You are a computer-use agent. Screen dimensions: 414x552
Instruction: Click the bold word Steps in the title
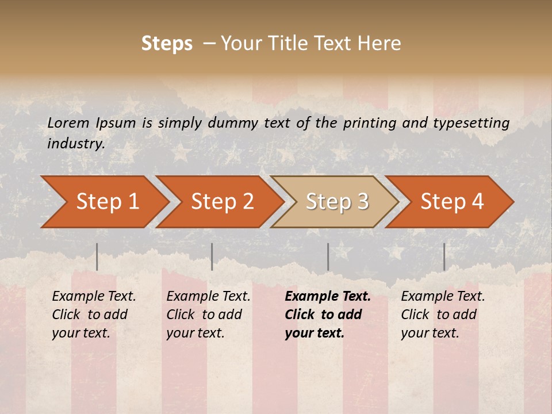coord(167,43)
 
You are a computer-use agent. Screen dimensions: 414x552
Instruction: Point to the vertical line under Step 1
coord(97,256)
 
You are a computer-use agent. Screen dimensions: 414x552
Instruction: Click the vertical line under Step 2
coord(212,256)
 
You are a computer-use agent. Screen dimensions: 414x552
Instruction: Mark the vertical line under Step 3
coord(328,256)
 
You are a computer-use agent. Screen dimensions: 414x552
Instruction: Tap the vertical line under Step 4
coord(444,256)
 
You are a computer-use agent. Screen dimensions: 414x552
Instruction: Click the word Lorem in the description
coord(68,122)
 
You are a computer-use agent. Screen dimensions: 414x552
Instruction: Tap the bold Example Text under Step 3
coord(328,297)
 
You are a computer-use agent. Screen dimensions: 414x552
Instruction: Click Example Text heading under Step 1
coord(94,297)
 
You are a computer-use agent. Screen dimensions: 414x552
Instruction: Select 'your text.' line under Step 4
coord(430,333)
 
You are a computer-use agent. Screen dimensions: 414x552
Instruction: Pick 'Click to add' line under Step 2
coord(204,315)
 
